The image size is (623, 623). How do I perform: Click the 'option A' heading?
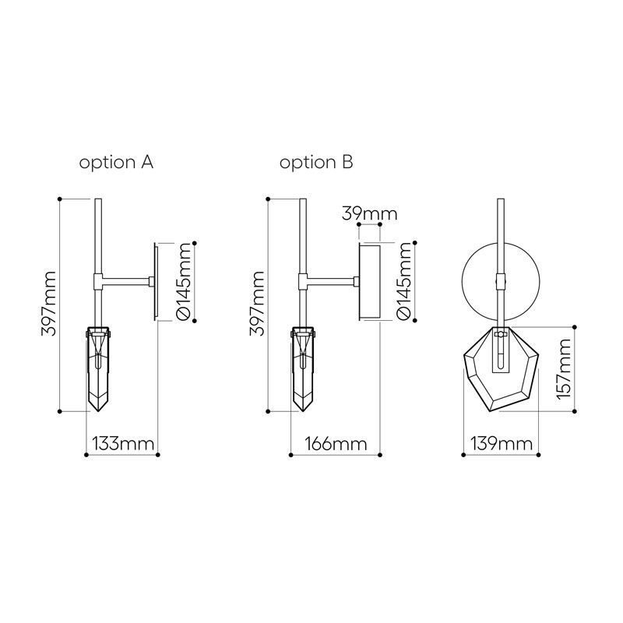click(x=116, y=163)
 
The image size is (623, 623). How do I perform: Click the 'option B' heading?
click(x=316, y=163)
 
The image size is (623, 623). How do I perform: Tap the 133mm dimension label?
click(x=123, y=443)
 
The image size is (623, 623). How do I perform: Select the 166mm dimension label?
click(x=336, y=443)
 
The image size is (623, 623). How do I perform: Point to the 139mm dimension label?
click(x=502, y=443)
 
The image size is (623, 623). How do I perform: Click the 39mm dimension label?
click(x=369, y=214)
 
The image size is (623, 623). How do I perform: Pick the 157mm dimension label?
click(x=564, y=369)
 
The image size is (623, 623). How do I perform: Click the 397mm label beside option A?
click(x=48, y=304)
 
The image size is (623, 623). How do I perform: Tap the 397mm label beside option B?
click(x=257, y=304)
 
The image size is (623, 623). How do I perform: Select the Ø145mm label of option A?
click(x=185, y=282)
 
